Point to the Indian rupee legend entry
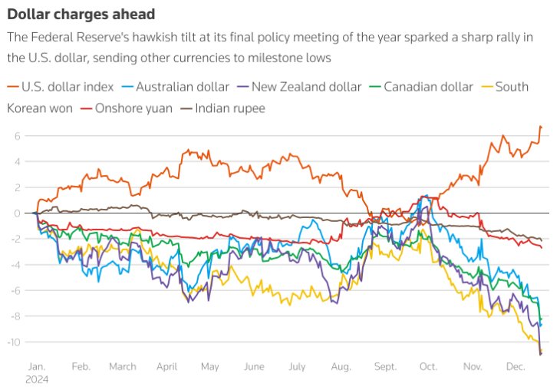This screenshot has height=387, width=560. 230,108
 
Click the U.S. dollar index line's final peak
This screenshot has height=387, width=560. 541,126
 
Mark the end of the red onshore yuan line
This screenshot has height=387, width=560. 542,247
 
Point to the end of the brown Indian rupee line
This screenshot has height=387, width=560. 542,240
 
